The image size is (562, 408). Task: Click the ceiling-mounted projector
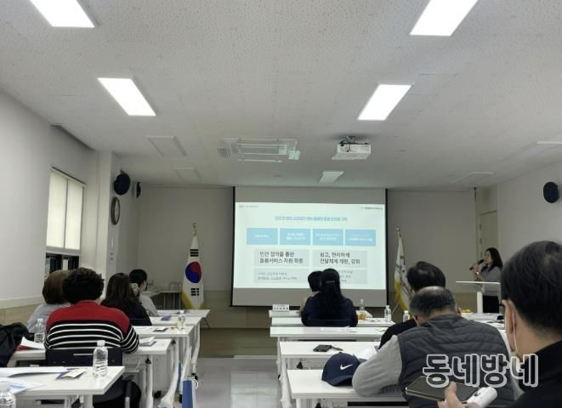point(351,150)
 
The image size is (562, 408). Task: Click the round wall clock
point(115,210)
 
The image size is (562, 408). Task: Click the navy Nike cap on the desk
point(340,369)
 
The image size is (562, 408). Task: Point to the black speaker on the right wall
point(551,193)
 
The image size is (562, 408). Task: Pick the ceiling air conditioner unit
point(258,150)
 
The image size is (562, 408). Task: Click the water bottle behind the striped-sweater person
point(99,359)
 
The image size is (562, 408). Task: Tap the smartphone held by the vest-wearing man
point(423,388)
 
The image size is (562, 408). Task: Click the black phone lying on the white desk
point(322,348)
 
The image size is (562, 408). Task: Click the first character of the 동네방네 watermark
point(438,371)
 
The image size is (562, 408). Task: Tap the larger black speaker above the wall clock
point(122,184)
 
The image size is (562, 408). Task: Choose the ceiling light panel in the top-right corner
point(443,16)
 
